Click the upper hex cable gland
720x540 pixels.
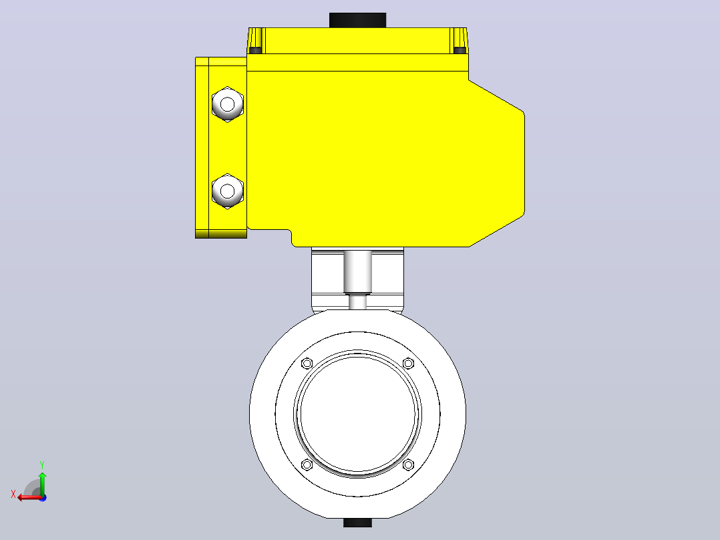pos(227,104)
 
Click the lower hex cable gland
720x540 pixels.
pos(227,190)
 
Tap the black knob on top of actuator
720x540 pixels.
pos(358,20)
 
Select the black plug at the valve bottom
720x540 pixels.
pos(358,523)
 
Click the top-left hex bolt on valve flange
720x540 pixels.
pos(307,364)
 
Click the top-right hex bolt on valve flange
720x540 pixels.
pos(408,364)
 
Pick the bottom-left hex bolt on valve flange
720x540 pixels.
pos(307,464)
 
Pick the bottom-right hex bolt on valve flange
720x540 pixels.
pos(408,464)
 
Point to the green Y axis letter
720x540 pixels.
pos(42,465)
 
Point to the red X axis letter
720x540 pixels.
pos(13,495)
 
